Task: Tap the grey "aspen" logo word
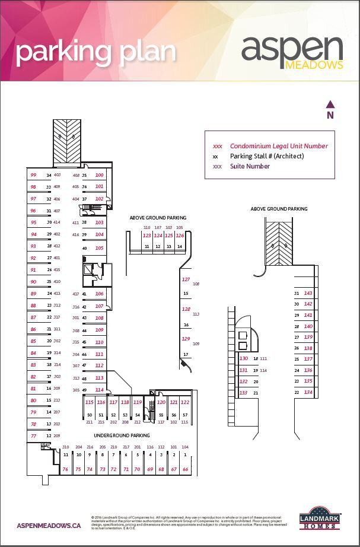[x=292, y=49]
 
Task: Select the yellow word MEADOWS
[x=314, y=65]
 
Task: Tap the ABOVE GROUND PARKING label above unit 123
[x=158, y=218]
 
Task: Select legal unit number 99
[x=33, y=175]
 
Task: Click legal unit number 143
[x=308, y=293]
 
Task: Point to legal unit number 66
[x=185, y=469]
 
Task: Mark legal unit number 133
[x=243, y=393]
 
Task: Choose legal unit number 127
[x=186, y=279]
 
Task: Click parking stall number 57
[x=185, y=415]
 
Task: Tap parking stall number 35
[x=84, y=175]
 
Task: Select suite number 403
[x=57, y=175]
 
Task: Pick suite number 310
[x=65, y=447]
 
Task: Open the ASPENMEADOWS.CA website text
[x=49, y=526]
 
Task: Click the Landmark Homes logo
[x=323, y=517]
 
